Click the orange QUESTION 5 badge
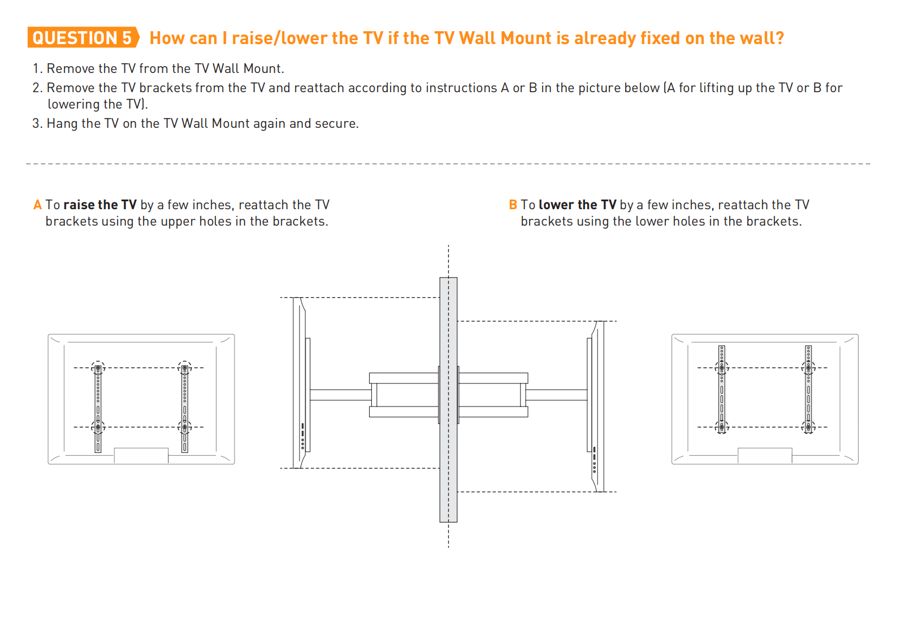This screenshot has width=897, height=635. tap(83, 38)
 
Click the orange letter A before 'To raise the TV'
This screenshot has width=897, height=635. tap(37, 205)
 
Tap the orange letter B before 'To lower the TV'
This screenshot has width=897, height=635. tap(513, 205)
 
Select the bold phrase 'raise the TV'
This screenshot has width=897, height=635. tap(100, 205)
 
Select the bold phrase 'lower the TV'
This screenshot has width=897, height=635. tap(577, 205)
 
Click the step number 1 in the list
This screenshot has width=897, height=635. tap(37, 68)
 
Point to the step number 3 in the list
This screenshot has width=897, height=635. tap(37, 123)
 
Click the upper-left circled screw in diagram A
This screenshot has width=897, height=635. tap(98, 368)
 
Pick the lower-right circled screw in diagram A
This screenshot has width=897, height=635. tap(185, 427)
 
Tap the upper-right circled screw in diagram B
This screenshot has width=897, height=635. tap(808, 368)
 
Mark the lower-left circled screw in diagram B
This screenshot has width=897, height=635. tap(722, 427)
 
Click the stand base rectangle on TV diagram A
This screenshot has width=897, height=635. tap(141, 456)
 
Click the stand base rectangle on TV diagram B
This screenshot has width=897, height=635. tap(764, 456)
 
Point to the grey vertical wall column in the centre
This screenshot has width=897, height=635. tap(448, 399)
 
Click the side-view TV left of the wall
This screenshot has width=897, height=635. tap(301, 383)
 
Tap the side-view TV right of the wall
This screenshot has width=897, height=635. tap(596, 406)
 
